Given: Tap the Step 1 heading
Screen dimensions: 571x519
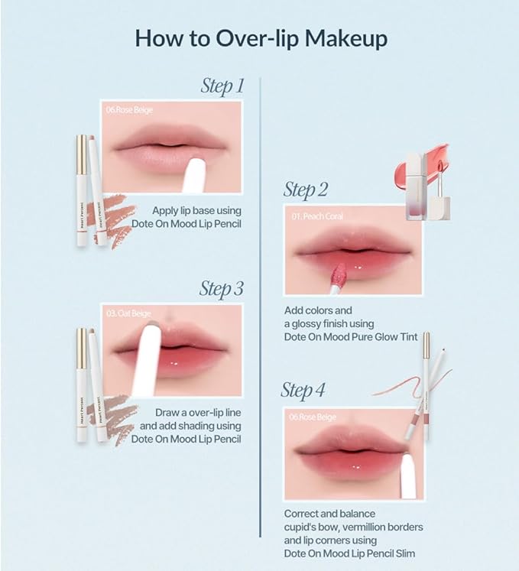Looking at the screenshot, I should pos(222,86).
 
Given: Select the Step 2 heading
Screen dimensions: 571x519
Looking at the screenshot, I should pos(306,189).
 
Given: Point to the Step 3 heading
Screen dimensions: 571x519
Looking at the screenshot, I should pos(222,289).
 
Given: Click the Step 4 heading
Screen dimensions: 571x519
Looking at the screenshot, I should pos(303,391).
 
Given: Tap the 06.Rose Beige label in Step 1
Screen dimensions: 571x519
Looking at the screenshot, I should pos(130,111).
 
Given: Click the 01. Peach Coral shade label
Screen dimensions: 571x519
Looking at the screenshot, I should pos(317,216).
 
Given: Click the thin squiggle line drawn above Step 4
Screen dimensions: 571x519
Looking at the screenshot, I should pos(397,384).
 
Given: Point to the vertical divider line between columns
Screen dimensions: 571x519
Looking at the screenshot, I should pos(261,306).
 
